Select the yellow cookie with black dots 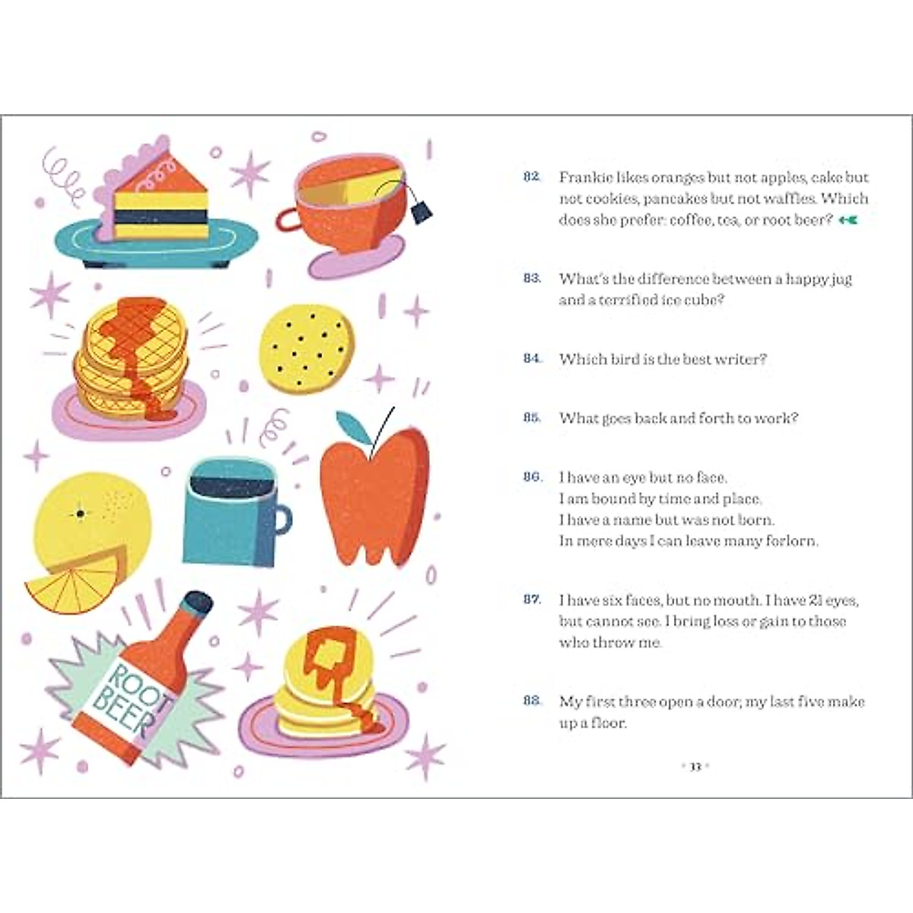click(307, 348)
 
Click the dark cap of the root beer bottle click(199, 605)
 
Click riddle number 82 click(532, 177)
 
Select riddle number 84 click(532, 358)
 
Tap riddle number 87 click(532, 600)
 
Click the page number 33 click(695, 766)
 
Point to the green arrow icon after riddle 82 click(848, 221)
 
